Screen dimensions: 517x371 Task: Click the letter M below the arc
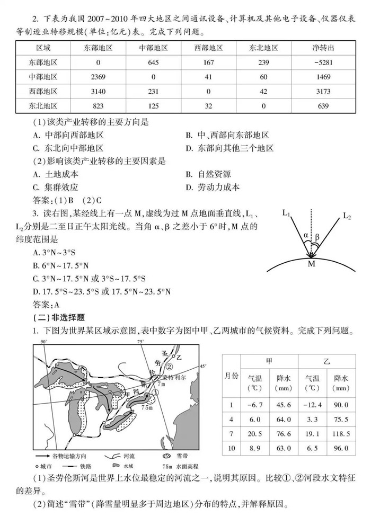(312, 263)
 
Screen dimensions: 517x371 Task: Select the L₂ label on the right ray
(347, 216)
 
